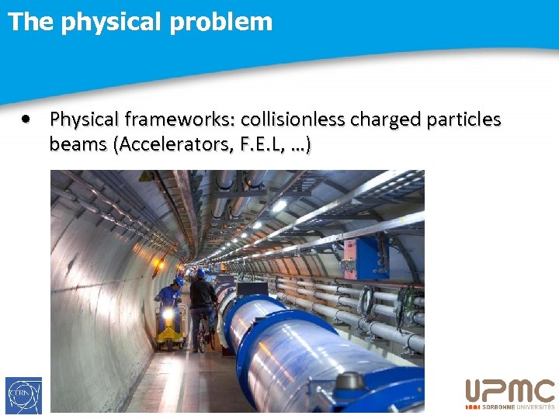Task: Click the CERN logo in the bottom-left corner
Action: (23, 395)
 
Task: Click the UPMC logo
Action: (509, 391)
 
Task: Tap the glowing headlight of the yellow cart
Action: (168, 315)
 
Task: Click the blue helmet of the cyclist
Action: (201, 273)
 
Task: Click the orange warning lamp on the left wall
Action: (160, 264)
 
